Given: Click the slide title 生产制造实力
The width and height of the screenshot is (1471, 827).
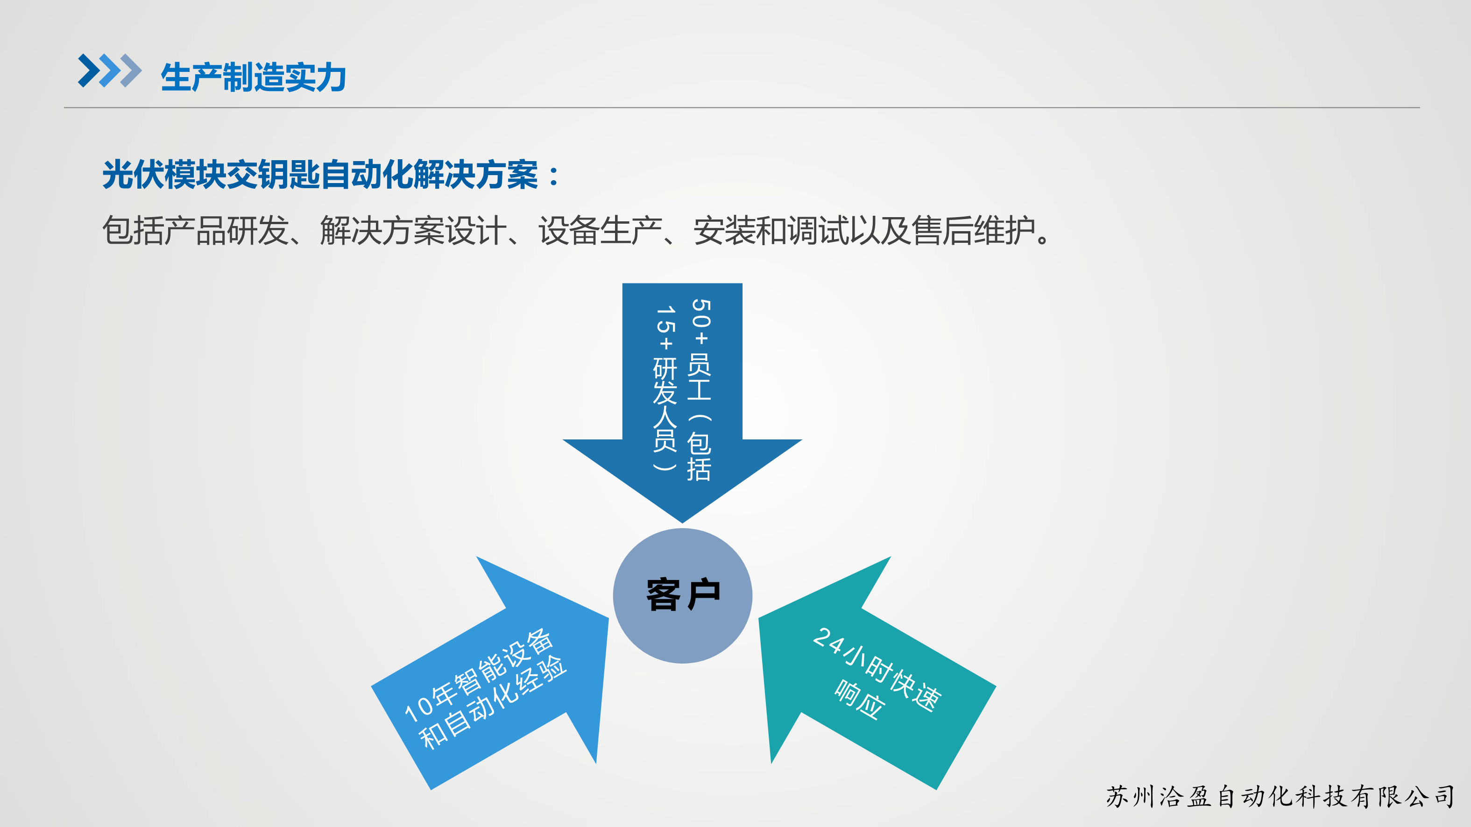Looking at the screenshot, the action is click(254, 77).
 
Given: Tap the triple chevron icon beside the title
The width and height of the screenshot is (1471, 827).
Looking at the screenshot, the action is click(110, 71).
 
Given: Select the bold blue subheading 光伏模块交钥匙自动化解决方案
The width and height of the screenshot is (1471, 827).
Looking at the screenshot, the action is click(320, 174).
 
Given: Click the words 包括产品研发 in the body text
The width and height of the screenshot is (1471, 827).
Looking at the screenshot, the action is click(196, 231).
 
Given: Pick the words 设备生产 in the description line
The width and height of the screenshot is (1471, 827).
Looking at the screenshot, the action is click(600, 231).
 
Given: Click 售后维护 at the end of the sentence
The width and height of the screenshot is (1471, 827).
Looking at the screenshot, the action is click(973, 231).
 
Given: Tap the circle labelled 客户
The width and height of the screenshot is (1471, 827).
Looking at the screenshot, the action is click(682, 596).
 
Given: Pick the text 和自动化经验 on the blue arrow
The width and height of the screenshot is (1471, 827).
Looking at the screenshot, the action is click(492, 702).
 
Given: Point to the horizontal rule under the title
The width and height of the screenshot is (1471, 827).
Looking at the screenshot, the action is click(742, 107).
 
